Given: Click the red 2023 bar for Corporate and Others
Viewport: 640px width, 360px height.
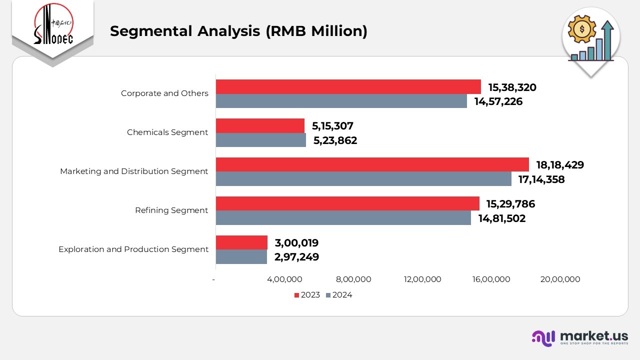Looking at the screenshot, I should pyautogui.click(x=348, y=87).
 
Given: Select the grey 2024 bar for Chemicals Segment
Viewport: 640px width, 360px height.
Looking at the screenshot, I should pyautogui.click(x=260, y=140).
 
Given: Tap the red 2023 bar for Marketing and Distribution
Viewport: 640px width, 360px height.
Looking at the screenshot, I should pyautogui.click(x=372, y=164).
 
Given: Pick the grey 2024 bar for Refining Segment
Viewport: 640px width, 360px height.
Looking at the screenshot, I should pyautogui.click(x=343, y=218).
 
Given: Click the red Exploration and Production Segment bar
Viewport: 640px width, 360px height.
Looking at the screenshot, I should pyautogui.click(x=241, y=242).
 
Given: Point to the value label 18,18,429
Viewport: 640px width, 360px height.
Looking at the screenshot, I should pyautogui.click(x=560, y=165).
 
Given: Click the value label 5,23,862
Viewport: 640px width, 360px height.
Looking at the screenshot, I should pyautogui.click(x=335, y=140).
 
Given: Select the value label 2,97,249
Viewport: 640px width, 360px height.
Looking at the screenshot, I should pyautogui.click(x=296, y=257).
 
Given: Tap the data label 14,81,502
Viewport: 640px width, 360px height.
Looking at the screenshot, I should pyautogui.click(x=501, y=218).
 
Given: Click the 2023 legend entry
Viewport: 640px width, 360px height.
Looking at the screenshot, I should pyautogui.click(x=307, y=295).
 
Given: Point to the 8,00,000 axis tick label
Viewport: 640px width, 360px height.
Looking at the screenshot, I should pyautogui.click(x=353, y=279).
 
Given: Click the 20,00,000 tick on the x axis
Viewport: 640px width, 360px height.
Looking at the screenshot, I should pyautogui.click(x=560, y=279).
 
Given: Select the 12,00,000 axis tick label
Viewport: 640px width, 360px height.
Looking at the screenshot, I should pyautogui.click(x=422, y=279).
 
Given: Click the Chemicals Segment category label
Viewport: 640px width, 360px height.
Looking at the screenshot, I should pyautogui.click(x=167, y=132).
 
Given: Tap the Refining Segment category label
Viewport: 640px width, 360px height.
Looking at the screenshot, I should pyautogui.click(x=171, y=210).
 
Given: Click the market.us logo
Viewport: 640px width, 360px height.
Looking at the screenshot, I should pyautogui.click(x=579, y=337).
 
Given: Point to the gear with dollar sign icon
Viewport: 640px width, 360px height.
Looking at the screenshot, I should pyautogui.click(x=581, y=29).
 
